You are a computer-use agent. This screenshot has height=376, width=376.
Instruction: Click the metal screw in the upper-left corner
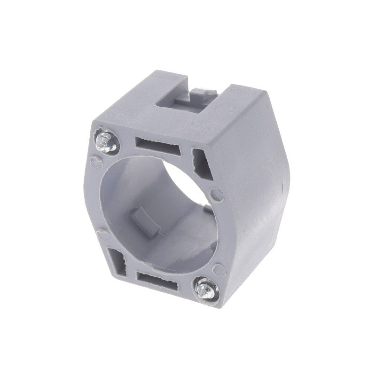click(105, 141)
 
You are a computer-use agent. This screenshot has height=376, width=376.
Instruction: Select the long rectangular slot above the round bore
click(157, 145)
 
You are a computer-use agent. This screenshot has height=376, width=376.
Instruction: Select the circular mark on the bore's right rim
click(216, 194)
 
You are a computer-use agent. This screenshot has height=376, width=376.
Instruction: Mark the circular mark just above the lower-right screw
click(218, 269)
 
